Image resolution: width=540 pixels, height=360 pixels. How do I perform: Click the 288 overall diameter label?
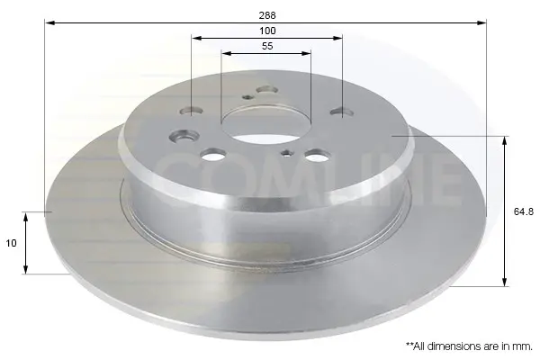[x=267, y=15]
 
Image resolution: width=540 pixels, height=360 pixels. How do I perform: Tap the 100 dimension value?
[x=267, y=31]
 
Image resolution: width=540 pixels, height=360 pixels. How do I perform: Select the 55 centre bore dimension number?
[x=267, y=46]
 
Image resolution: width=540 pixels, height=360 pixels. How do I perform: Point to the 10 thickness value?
[x=11, y=243]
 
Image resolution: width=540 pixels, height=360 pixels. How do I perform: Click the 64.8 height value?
[x=524, y=211]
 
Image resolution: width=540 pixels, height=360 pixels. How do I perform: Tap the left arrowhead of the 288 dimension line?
[x=50, y=22]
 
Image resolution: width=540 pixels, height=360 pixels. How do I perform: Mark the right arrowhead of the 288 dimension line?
[x=481, y=22]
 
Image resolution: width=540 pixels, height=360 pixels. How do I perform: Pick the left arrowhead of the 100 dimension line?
[x=197, y=38]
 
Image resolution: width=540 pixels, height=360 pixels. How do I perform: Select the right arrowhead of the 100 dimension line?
[x=337, y=38]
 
